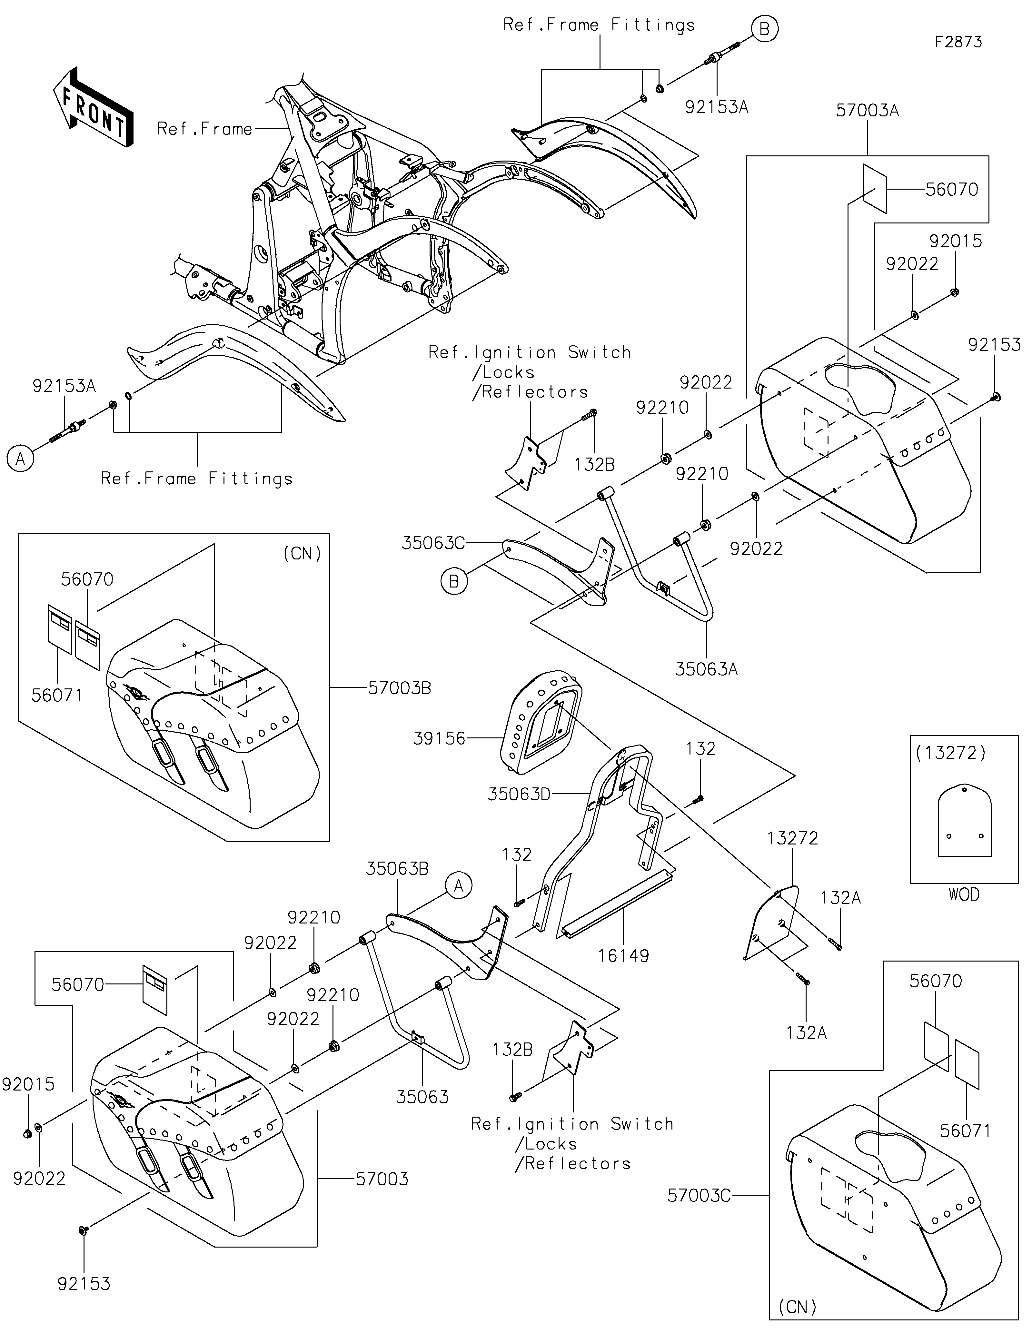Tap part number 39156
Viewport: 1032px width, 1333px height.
pos(440,738)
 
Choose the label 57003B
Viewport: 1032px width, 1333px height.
pos(400,688)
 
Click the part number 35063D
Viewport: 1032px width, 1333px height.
pos(519,795)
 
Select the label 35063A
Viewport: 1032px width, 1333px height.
pos(706,669)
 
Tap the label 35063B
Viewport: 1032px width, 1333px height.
pos(397,869)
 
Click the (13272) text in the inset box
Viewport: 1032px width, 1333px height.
pos(951,753)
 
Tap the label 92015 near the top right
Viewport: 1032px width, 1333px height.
pos(956,241)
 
